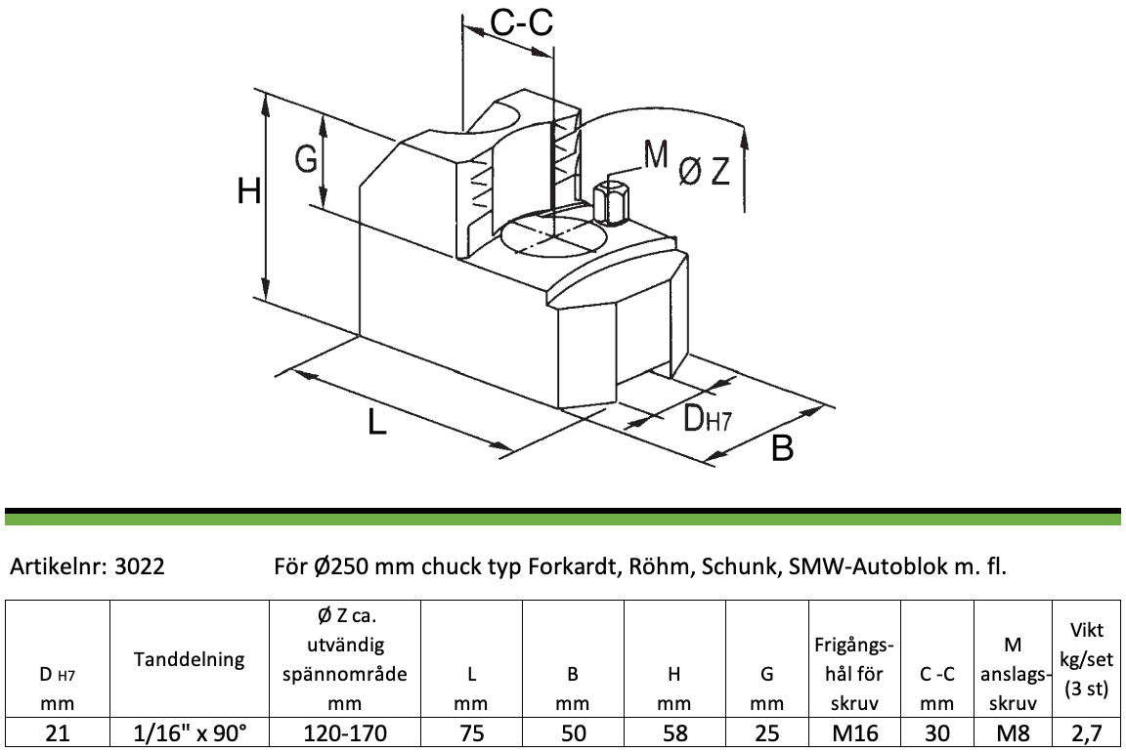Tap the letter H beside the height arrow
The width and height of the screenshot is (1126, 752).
click(x=249, y=191)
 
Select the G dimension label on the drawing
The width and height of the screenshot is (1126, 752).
click(x=306, y=158)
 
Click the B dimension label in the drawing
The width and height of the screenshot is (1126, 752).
click(x=782, y=447)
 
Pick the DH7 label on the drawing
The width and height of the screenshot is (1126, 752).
click(x=707, y=418)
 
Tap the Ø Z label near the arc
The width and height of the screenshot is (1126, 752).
click(x=705, y=172)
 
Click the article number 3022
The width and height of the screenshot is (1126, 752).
click(x=140, y=566)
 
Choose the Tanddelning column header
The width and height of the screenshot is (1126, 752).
click(x=189, y=658)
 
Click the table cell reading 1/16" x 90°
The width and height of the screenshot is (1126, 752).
click(x=190, y=732)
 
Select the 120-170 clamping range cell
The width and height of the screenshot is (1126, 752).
click(x=345, y=732)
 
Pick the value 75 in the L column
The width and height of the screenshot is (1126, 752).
click(x=471, y=732)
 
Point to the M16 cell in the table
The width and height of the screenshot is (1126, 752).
click(x=854, y=732)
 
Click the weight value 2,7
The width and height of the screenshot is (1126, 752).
click(x=1086, y=733)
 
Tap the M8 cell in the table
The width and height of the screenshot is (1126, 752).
click(x=1013, y=732)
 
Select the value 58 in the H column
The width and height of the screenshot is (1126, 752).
click(x=674, y=732)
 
